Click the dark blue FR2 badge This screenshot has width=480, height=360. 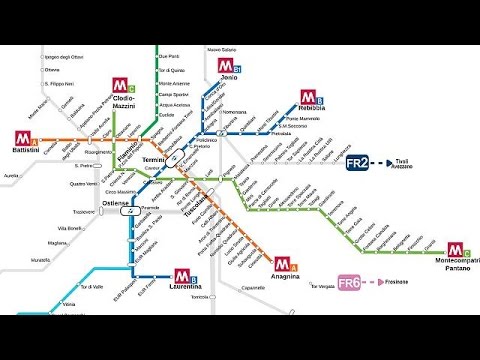point(358,162)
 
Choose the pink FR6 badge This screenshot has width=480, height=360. point(349,283)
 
